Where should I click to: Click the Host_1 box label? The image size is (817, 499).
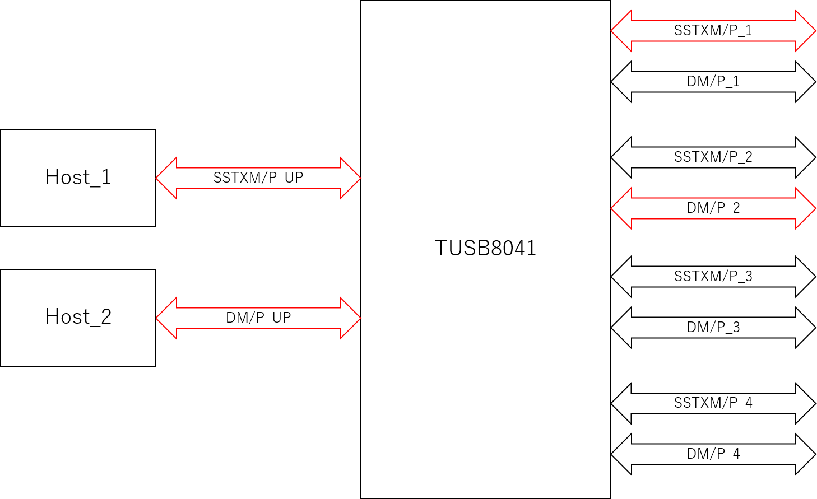pyautogui.click(x=78, y=177)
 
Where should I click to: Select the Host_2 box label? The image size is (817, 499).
pyautogui.click(x=78, y=316)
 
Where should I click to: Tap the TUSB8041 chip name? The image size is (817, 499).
pyautogui.click(x=485, y=248)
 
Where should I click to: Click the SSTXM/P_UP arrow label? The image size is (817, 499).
pyautogui.click(x=258, y=178)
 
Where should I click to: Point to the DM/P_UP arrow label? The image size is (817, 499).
pyautogui.click(x=258, y=318)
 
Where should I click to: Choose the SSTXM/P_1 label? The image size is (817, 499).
pyautogui.click(x=713, y=31)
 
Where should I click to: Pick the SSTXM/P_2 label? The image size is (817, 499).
pyautogui.click(x=713, y=157)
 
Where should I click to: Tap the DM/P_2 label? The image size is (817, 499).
pyautogui.click(x=713, y=208)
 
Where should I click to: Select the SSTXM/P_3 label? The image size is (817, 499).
pyautogui.click(x=713, y=277)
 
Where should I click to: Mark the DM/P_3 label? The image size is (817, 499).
pyautogui.click(x=713, y=327)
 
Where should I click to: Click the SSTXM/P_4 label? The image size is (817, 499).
pyautogui.click(x=713, y=403)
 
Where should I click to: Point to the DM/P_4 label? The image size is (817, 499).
pyautogui.click(x=713, y=454)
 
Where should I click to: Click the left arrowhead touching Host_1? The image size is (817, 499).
pyautogui.click(x=166, y=178)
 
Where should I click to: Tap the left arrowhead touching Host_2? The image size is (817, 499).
pyautogui.click(x=166, y=318)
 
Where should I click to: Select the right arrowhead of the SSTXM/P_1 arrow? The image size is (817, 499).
pyautogui.click(x=805, y=31)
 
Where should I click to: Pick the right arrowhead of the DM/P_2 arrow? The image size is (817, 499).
pyautogui.click(x=805, y=208)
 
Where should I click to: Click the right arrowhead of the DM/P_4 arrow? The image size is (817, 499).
pyautogui.click(x=805, y=454)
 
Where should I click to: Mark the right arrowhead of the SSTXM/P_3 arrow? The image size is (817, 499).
pyautogui.click(x=805, y=277)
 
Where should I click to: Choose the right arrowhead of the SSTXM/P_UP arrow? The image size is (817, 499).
pyautogui.click(x=351, y=178)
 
